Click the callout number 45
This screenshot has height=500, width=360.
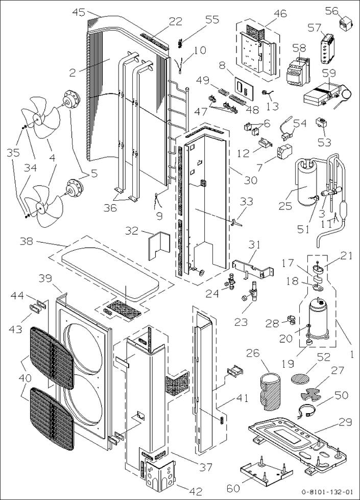(x=79, y=11)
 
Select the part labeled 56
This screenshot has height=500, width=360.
(x=346, y=24)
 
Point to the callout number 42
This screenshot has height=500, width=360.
(x=195, y=491)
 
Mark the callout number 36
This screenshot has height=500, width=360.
(x=124, y=208)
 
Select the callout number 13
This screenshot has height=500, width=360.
(x=272, y=106)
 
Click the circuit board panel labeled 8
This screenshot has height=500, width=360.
(x=243, y=88)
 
